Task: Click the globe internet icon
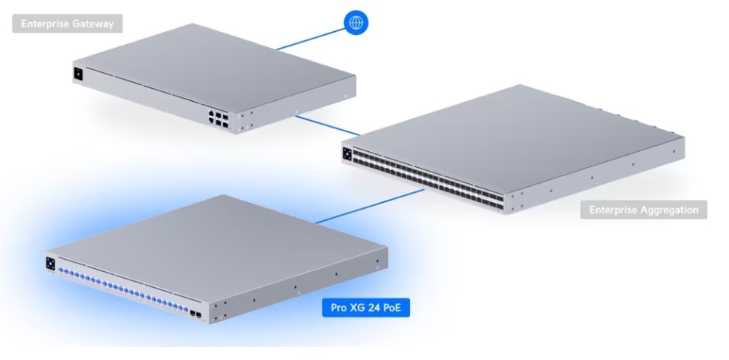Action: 355,23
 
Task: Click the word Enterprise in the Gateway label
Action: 46,24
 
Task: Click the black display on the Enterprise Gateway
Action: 77,74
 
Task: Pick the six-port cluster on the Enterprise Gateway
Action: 216,116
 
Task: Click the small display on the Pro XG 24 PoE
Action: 51,263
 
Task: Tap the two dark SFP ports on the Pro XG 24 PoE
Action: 196,312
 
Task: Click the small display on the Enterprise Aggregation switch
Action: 347,152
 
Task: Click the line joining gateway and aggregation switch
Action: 320,125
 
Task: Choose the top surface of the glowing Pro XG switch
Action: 220,243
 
